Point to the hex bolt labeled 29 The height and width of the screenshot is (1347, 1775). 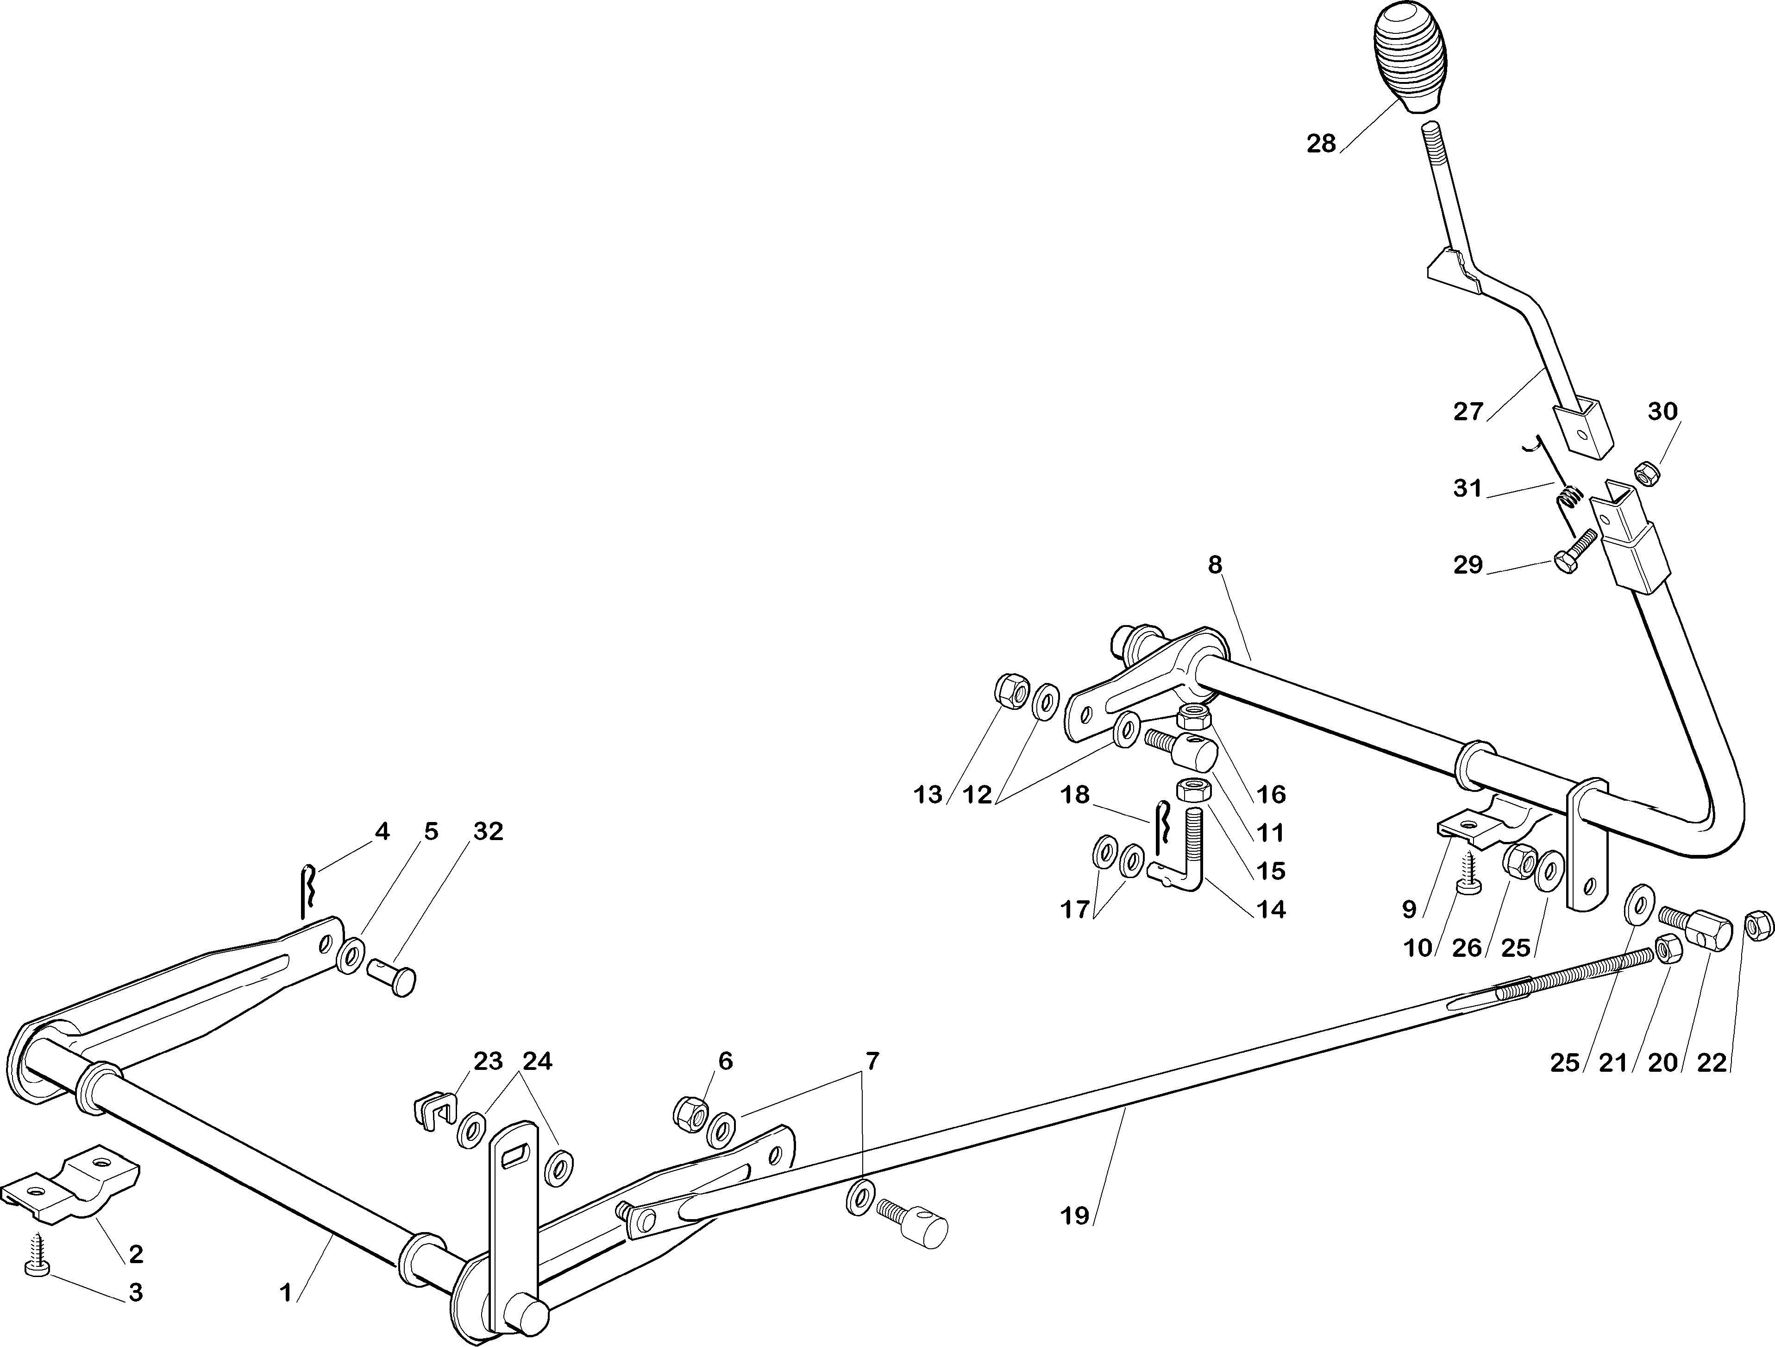pyautogui.click(x=1566, y=554)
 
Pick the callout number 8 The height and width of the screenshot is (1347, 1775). pyautogui.click(x=1214, y=565)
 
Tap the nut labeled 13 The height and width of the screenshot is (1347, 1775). pyautogui.click(x=1008, y=691)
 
